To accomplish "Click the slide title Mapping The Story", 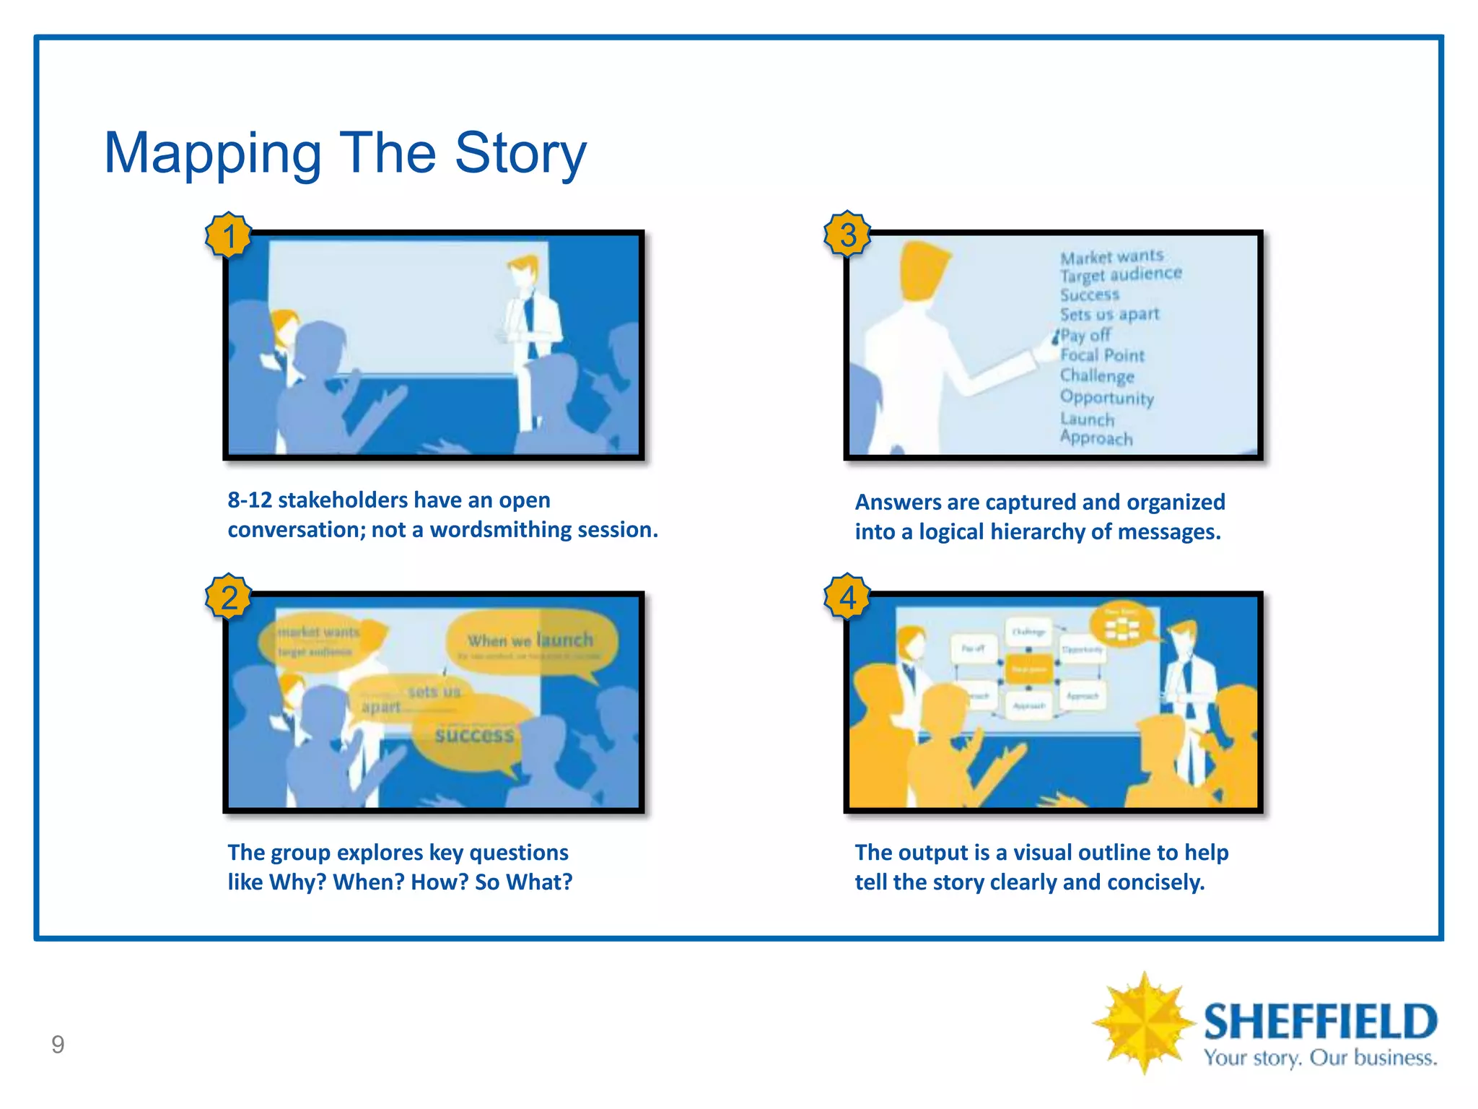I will point(345,153).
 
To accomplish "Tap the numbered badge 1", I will point(229,235).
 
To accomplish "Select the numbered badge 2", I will point(229,597).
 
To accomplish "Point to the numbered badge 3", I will point(848,235).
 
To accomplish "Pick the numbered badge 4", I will point(848,597).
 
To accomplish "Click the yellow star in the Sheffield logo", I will point(1143,1022).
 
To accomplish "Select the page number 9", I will point(58,1044).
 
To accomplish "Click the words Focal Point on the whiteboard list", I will point(1102,355).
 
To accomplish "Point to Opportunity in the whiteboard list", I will point(1106,398).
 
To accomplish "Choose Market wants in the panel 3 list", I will point(1111,256).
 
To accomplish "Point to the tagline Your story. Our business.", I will point(1320,1058).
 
